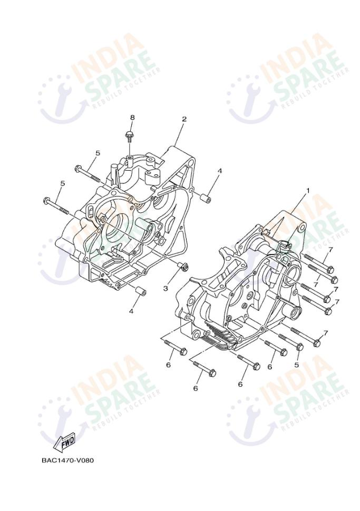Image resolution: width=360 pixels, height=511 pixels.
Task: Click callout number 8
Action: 132,117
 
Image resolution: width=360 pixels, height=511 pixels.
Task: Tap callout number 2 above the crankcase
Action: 184,119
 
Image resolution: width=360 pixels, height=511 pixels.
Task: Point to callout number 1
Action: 307,190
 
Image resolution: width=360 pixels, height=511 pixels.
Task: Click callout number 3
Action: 166,288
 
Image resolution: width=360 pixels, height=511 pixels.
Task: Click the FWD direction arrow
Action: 65,443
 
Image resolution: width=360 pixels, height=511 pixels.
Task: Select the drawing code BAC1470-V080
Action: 67,460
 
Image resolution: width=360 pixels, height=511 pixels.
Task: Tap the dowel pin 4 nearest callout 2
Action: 206,198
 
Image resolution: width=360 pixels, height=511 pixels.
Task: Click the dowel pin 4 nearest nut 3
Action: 141,291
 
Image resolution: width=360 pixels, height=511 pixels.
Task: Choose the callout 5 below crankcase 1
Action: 296,365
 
